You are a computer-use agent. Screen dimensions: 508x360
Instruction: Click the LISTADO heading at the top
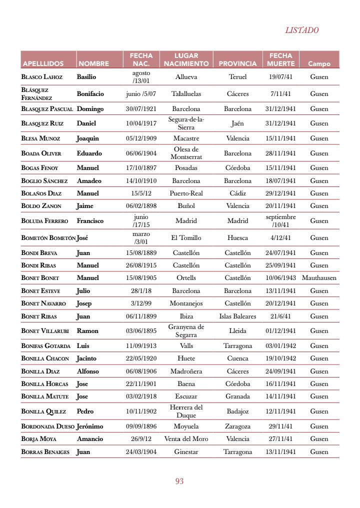301,30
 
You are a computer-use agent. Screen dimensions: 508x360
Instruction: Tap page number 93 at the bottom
179,481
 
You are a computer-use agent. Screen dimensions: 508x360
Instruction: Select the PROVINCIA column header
237,63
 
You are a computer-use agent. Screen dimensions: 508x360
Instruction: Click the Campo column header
319,63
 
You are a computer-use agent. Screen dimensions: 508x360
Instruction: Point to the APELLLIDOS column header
43,63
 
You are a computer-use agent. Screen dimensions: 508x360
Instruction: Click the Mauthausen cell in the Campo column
319,277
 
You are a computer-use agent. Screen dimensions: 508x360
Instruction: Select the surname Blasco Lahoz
42,77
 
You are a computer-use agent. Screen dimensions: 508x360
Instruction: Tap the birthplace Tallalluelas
186,93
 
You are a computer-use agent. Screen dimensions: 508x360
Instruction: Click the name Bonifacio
90,93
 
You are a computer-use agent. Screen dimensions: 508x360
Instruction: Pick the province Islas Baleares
237,316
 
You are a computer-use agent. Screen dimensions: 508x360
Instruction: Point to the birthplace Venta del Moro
186,438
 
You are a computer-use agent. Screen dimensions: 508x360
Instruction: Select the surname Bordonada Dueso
47,426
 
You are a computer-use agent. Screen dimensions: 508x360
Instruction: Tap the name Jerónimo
90,426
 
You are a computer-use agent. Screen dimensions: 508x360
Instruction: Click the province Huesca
237,238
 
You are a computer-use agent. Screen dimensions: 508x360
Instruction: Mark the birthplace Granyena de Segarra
186,330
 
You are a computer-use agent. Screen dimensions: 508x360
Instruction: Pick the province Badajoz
237,411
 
